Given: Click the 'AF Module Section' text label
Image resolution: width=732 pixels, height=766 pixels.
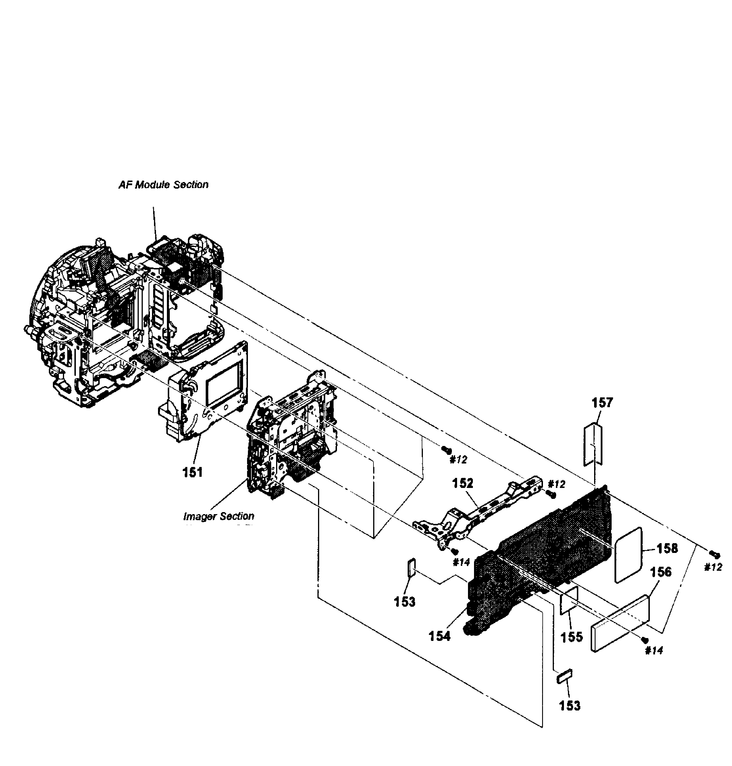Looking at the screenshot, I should [163, 185].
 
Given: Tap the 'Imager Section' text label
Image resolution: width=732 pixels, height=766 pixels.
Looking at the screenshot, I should [219, 516].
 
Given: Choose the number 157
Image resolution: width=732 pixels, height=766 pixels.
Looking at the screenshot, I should [602, 403].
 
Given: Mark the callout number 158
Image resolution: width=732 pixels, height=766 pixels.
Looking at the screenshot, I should [667, 548].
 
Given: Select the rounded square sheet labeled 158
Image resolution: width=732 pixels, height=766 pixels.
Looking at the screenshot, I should [628, 555].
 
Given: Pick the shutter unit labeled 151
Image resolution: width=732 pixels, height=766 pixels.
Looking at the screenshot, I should [203, 395].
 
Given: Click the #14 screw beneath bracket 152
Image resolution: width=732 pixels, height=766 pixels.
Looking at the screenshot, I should [454, 551].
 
